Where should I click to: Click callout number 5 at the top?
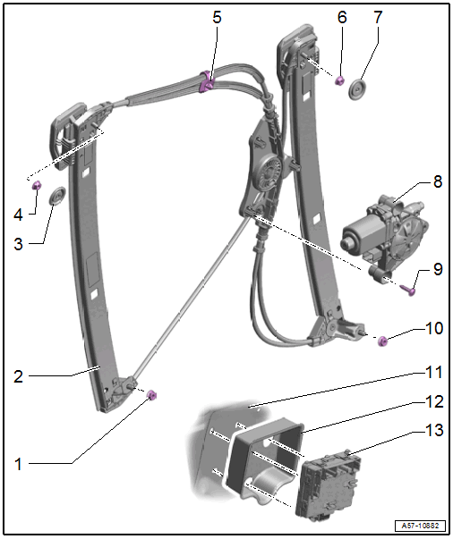tap(217, 17)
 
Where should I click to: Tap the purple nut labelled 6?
tap(340, 80)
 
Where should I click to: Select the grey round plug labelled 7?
tap(357, 89)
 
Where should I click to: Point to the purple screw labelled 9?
tap(408, 290)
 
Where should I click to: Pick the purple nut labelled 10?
tap(382, 341)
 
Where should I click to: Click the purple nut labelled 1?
tap(152, 395)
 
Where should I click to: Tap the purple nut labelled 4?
tap(37, 186)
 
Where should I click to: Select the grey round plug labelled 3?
tap(57, 196)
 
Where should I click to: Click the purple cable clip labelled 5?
tap(207, 82)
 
